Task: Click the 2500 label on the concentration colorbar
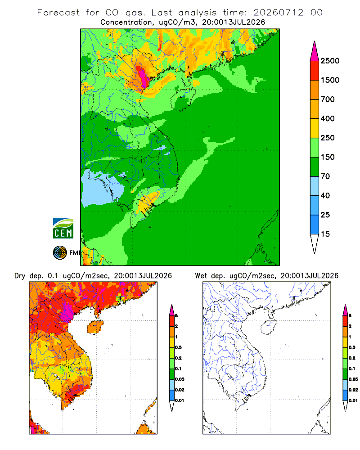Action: tap(330, 61)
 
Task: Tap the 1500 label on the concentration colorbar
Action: tap(330, 80)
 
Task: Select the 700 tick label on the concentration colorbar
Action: tap(328, 99)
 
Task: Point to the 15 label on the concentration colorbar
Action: tap(325, 234)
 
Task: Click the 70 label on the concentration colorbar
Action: tap(325, 176)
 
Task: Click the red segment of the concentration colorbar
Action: tap(315, 71)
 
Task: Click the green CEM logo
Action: tap(63, 229)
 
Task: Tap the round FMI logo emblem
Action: tap(60, 253)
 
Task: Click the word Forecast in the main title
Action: tap(58, 13)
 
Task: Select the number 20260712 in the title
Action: tap(278, 13)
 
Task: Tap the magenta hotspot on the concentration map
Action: tap(142, 75)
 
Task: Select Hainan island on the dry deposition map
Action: tap(95, 328)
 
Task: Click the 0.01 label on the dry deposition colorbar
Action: tap(180, 400)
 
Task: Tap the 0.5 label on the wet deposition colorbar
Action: tap(352, 347)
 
